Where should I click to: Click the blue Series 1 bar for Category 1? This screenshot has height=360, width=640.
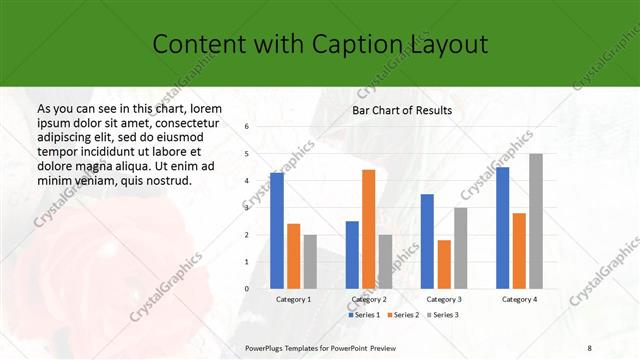pos(277,230)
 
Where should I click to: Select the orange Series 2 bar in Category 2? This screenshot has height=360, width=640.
pos(368,229)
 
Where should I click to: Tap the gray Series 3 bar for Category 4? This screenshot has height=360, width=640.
pos(536,221)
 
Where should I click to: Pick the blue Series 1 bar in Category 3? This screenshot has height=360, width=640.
pos(427,241)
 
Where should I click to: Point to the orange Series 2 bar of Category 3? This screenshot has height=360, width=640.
pos(444,264)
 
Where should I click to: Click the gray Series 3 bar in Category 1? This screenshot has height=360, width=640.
pos(310,261)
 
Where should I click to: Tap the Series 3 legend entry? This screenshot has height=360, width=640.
pos(443,315)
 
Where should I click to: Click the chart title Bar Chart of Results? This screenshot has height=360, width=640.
pos(402,110)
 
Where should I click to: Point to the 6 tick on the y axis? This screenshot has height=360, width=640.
pos(247,127)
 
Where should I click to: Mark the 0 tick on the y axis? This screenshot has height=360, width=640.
pos(247,289)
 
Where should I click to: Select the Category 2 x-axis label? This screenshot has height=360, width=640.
pos(368,299)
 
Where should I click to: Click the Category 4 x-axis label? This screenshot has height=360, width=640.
pos(519,299)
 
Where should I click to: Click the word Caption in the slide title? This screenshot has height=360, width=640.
pos(359,44)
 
